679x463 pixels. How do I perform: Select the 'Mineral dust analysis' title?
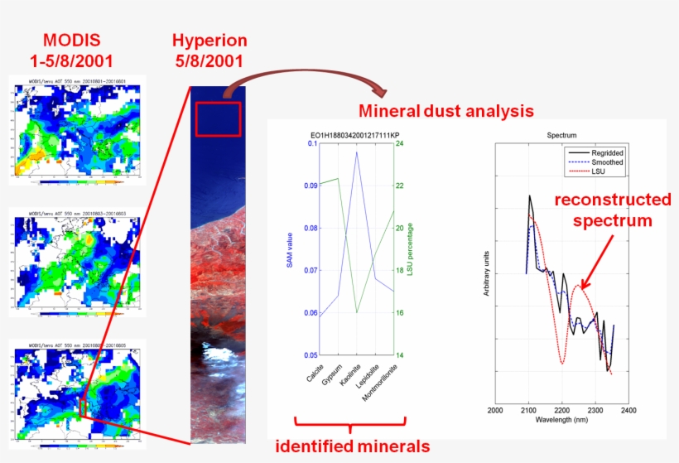(445, 110)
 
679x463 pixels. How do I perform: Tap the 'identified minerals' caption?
(352, 446)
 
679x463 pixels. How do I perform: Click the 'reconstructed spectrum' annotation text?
(612, 210)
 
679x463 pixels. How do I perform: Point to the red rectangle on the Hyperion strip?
(218, 118)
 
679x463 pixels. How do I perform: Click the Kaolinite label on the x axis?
(349, 378)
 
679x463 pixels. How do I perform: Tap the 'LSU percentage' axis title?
(411, 248)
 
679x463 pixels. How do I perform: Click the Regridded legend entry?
(606, 153)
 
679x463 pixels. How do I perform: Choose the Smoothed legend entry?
(606, 162)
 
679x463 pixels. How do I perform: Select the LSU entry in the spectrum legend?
(598, 171)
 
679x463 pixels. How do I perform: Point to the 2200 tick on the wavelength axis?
(562, 409)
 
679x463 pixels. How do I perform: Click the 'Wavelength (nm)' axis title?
(562, 420)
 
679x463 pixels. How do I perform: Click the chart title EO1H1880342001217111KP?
(350, 135)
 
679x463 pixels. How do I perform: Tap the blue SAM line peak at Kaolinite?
(357, 152)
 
